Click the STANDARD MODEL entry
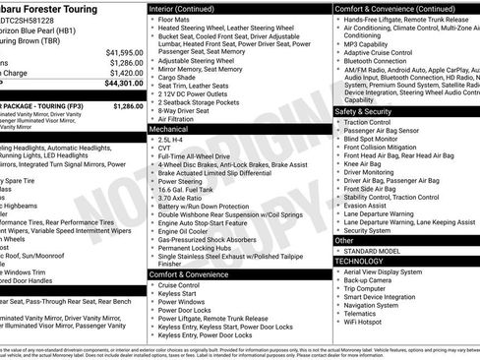pos(370,251)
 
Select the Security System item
pos(368,230)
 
